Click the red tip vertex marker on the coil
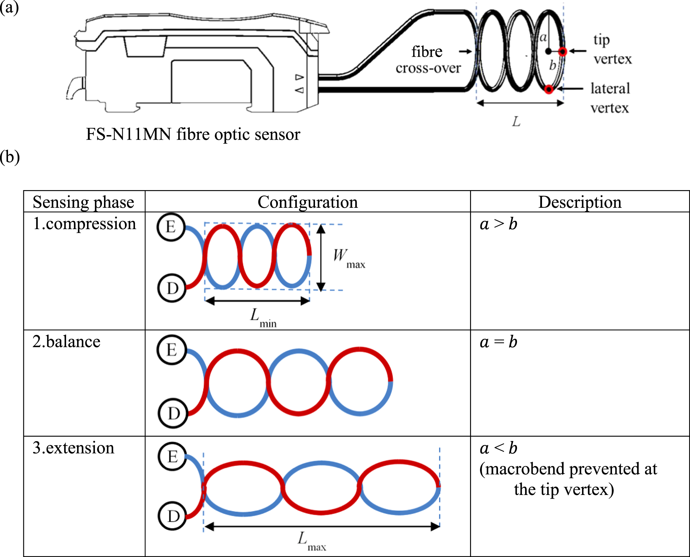[562, 51]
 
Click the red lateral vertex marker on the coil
[549, 89]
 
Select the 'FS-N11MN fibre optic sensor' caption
[193, 134]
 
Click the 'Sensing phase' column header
[83, 202]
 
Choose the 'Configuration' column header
[307, 202]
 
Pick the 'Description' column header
[580, 202]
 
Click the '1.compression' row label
[84, 223]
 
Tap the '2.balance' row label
[66, 342]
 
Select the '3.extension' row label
[73, 448]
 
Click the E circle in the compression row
[171, 227]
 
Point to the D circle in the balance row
[173, 414]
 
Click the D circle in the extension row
[173, 516]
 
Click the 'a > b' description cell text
[498, 224]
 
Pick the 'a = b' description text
[498, 342]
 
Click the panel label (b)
[10, 157]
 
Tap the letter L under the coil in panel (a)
[516, 121]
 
